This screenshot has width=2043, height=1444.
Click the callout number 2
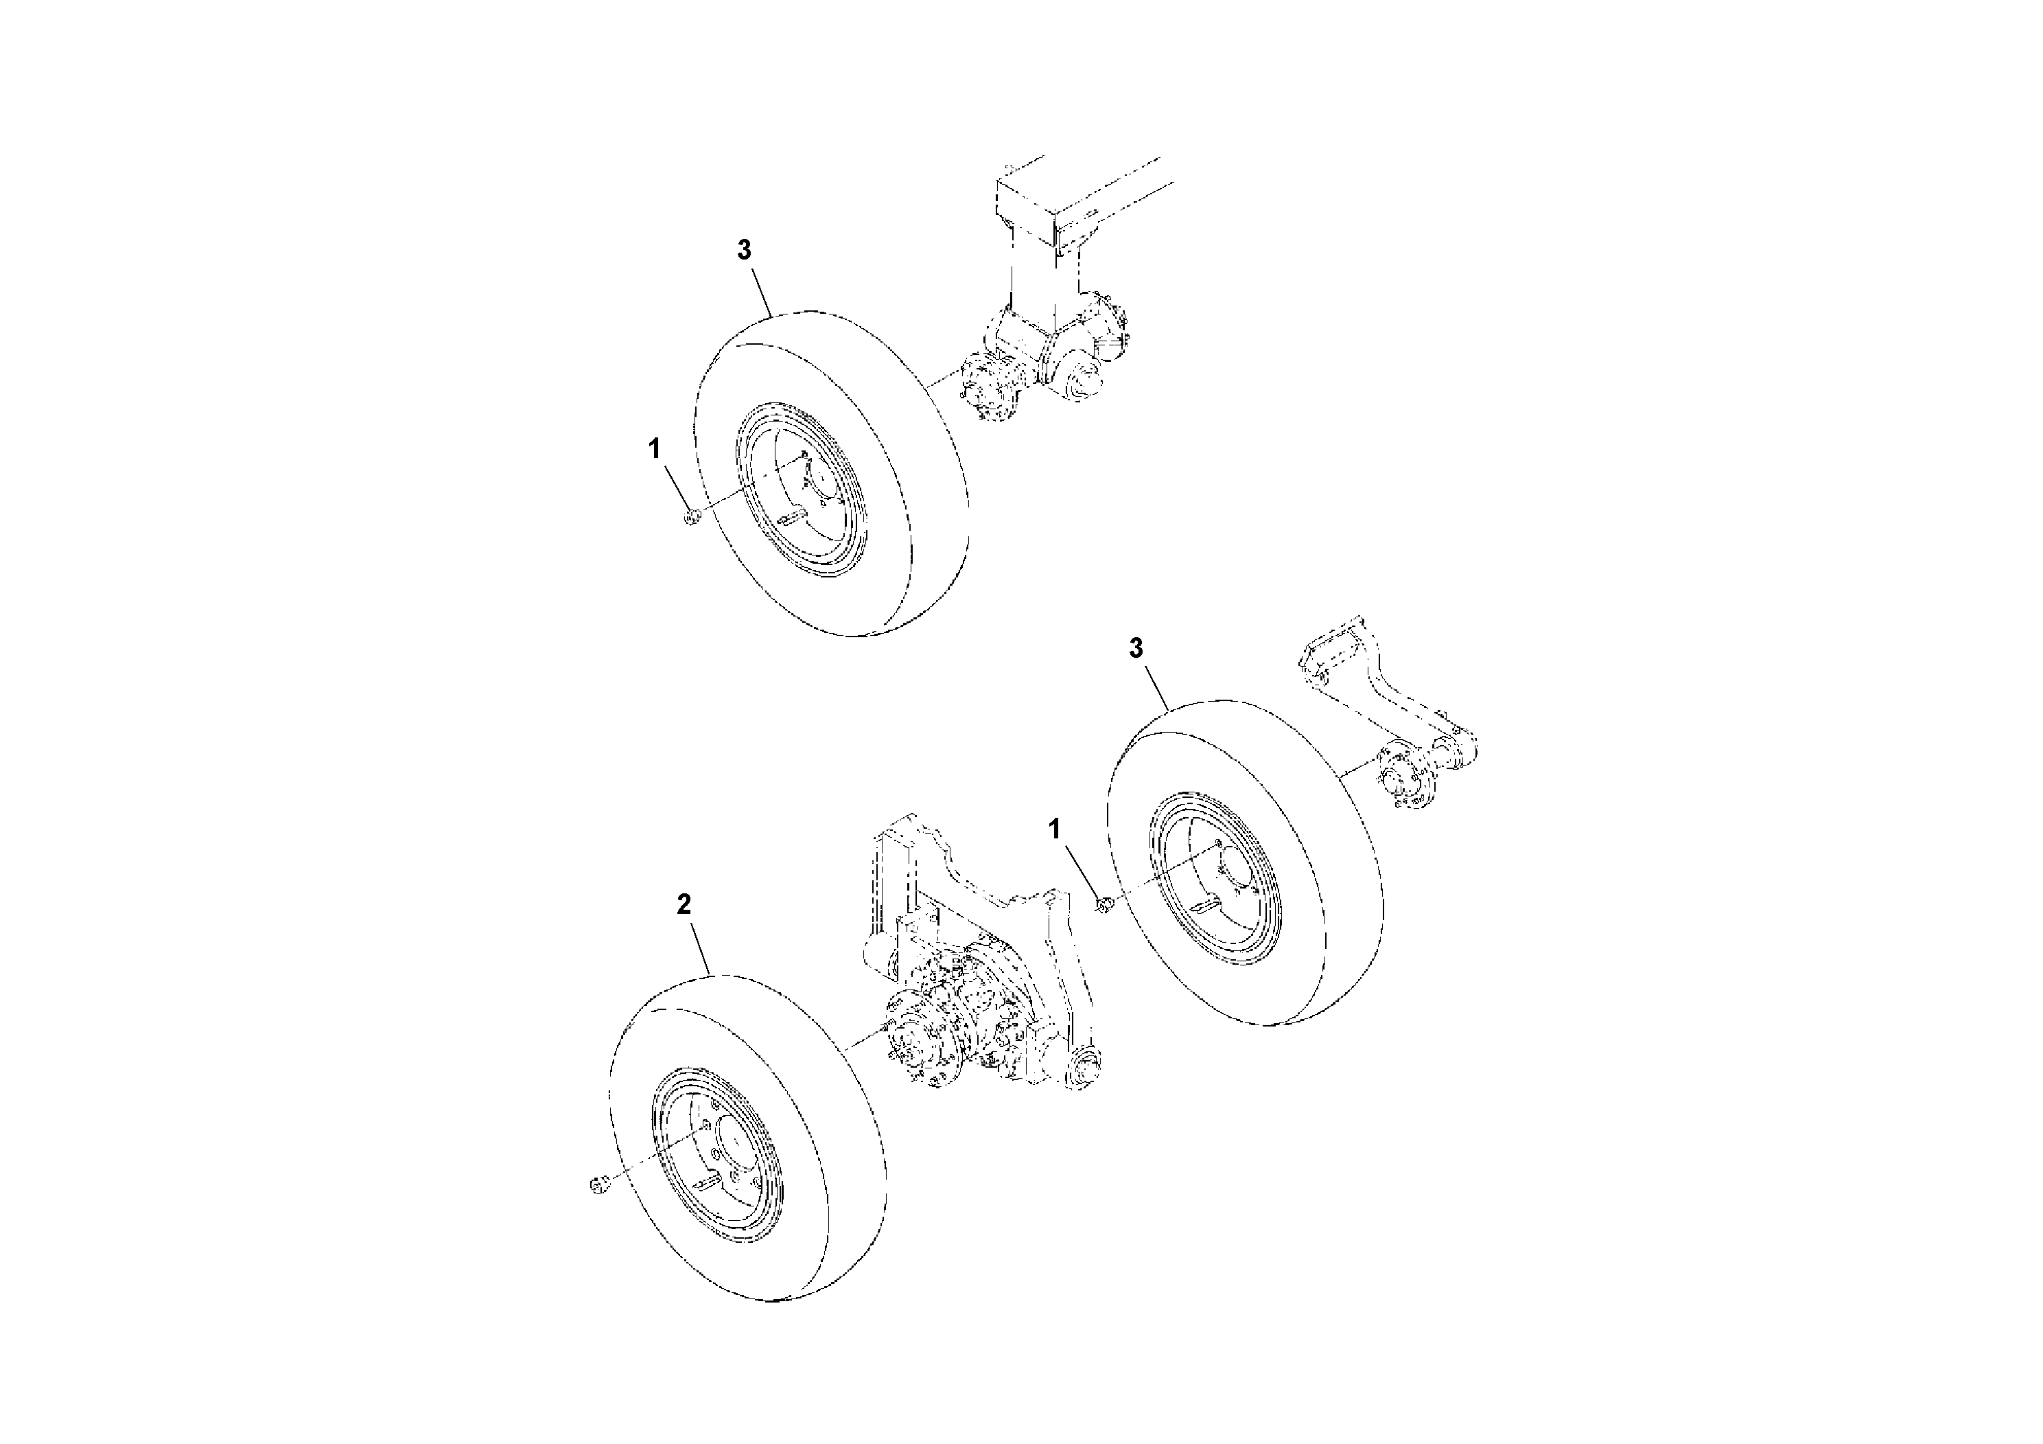coord(684,904)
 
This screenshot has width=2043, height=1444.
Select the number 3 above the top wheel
coord(744,250)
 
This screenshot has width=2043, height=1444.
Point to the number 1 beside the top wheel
coord(655,448)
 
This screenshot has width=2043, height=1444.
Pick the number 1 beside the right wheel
coord(1054,829)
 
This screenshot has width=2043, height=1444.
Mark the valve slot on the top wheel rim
coord(789,514)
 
